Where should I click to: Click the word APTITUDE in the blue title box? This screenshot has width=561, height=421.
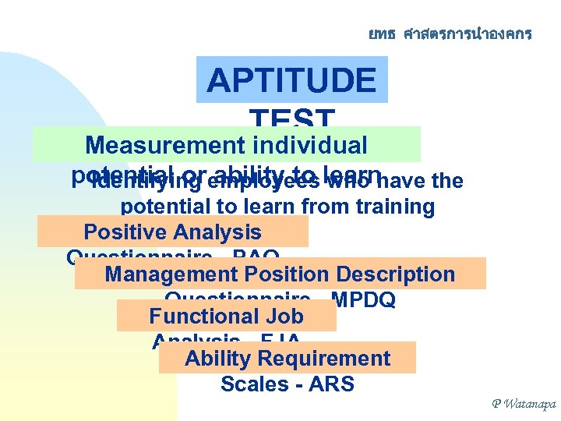pyautogui.click(x=291, y=80)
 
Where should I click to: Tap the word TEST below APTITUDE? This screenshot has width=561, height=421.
pyautogui.click(x=291, y=119)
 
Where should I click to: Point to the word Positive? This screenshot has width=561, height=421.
pyautogui.click(x=125, y=232)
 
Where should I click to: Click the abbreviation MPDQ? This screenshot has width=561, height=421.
pyautogui.click(x=363, y=300)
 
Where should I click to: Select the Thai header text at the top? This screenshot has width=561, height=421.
pyautogui.click(x=450, y=34)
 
